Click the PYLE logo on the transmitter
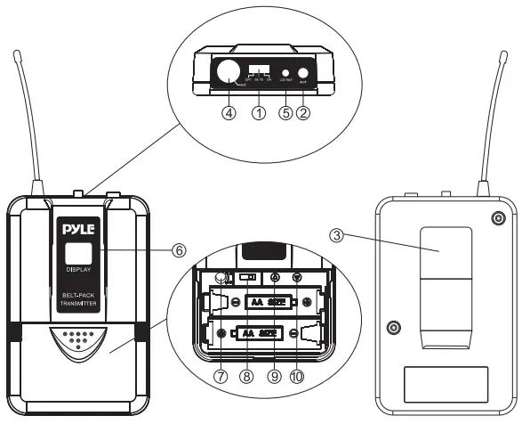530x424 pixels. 76,230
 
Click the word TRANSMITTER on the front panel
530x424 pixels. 76,311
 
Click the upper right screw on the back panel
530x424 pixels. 498,218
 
